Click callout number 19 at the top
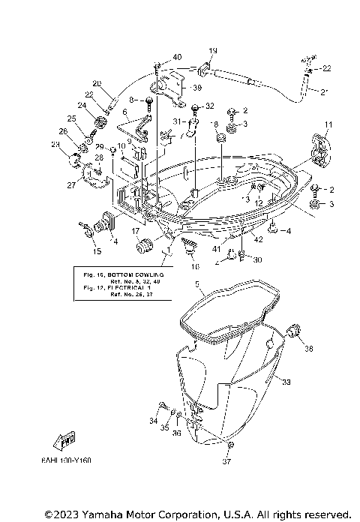point(212,51)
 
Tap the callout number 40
point(177,57)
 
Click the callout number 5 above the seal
point(197,284)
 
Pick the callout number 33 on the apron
point(286,381)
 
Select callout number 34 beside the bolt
point(154,421)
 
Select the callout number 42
point(257,239)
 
